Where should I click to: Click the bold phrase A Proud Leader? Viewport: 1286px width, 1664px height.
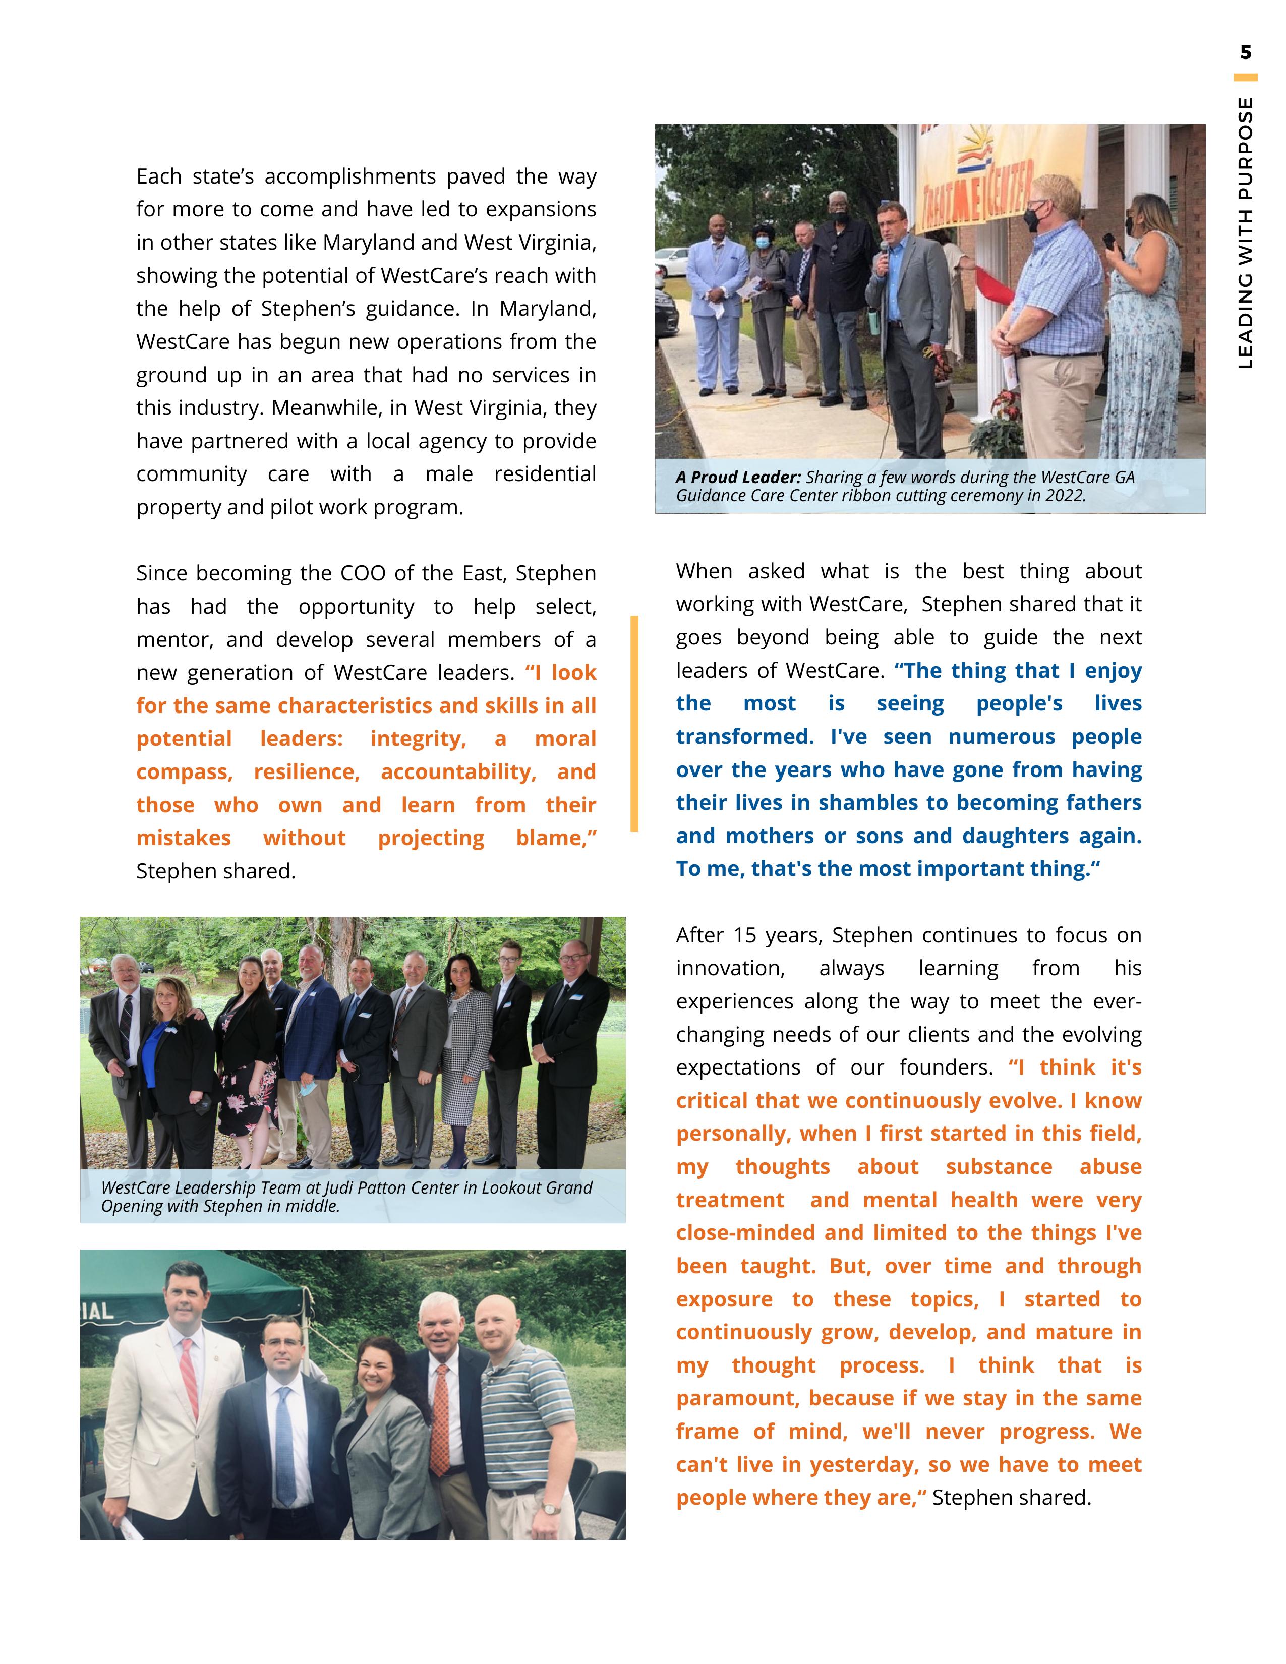(x=737, y=478)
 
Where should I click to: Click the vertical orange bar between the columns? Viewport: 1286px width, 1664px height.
(x=634, y=723)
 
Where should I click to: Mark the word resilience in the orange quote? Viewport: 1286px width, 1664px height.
(x=306, y=772)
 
